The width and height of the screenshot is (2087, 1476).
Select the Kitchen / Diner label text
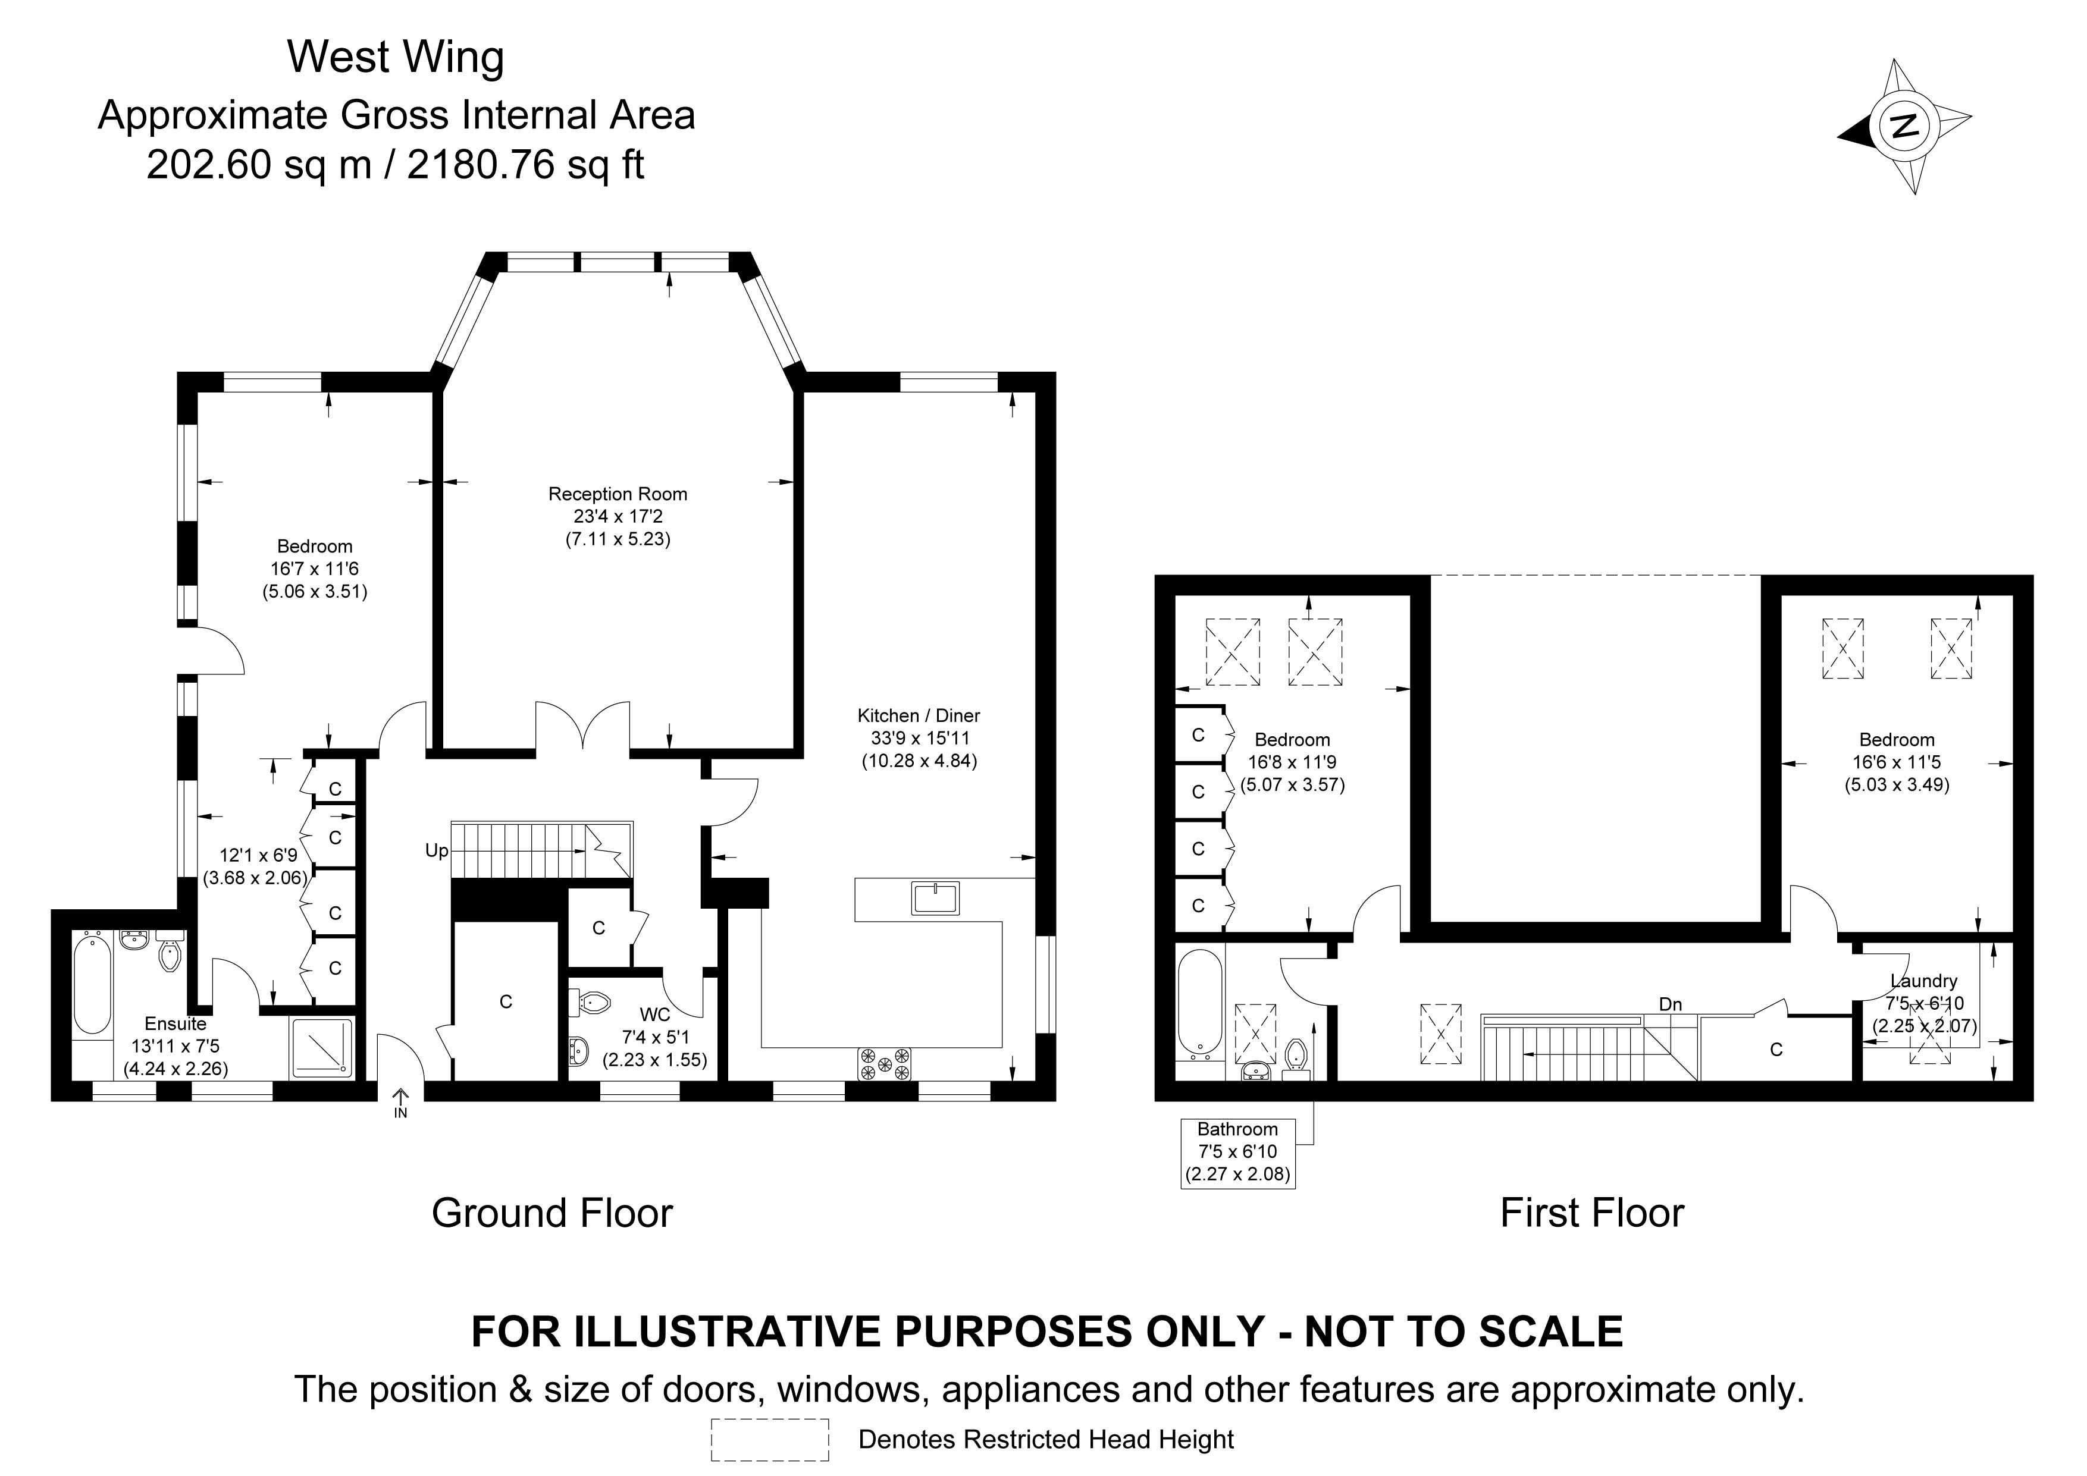(x=919, y=716)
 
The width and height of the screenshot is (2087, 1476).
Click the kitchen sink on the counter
(x=935, y=898)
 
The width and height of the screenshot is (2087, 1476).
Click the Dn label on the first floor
(x=1670, y=1004)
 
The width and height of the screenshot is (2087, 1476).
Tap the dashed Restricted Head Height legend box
(x=770, y=1440)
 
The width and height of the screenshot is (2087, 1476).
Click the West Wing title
(x=396, y=56)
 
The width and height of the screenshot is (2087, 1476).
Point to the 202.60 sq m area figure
(x=259, y=165)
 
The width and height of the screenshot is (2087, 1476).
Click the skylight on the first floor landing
(x=1441, y=1034)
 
